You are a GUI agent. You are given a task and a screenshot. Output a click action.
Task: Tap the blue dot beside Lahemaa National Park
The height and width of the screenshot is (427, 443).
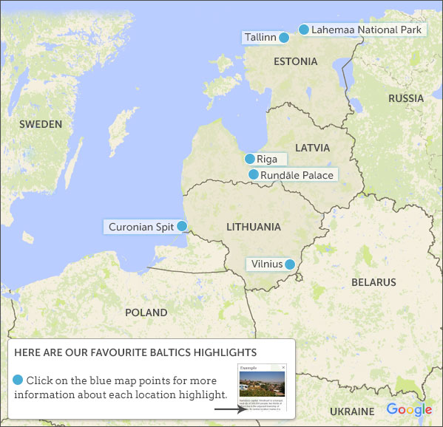(303, 30)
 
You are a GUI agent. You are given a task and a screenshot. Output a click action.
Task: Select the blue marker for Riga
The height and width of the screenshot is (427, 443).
(250, 159)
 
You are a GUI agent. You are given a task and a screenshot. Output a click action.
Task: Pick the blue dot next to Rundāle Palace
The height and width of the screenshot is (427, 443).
(254, 174)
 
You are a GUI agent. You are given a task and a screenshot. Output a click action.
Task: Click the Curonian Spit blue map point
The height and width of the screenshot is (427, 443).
(181, 226)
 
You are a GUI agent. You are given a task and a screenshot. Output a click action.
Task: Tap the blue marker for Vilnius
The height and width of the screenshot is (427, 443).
(290, 264)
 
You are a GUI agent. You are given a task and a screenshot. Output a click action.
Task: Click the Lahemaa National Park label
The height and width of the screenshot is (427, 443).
(366, 30)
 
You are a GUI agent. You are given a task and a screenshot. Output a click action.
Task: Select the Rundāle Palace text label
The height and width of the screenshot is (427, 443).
(297, 175)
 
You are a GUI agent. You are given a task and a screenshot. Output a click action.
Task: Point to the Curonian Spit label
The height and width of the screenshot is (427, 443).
(141, 227)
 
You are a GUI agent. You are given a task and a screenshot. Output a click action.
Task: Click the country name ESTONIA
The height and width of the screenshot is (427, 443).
(295, 61)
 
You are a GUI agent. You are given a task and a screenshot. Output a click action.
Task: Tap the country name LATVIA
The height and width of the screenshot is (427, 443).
(312, 148)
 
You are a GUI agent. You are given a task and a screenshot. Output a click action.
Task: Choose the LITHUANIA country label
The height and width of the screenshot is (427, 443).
(253, 227)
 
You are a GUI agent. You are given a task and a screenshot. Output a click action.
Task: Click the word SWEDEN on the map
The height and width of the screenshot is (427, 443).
(41, 124)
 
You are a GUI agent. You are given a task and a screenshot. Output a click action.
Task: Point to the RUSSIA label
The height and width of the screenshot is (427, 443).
(406, 98)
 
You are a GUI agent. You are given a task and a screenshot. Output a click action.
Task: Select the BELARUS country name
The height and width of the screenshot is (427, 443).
(373, 282)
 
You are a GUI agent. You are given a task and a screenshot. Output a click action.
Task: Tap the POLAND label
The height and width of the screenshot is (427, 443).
(146, 312)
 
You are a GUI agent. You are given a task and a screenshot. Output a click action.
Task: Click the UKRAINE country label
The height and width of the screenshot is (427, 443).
(352, 411)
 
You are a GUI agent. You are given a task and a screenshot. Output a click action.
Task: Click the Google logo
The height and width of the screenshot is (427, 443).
(409, 409)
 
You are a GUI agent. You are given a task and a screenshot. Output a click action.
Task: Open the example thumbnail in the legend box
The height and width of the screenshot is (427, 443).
(261, 389)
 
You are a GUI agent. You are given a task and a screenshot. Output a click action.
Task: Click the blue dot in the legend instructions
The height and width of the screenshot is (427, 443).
(18, 380)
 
